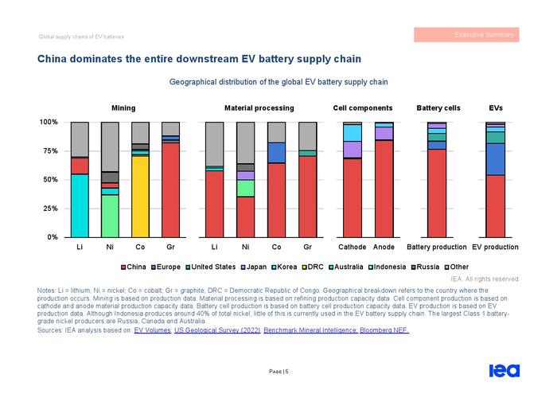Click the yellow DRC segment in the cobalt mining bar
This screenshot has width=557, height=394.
(140, 197)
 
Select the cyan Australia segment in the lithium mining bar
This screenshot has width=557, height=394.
(80, 205)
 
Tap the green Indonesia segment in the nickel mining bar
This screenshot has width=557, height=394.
(110, 216)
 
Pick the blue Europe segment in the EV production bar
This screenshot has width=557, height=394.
(495, 159)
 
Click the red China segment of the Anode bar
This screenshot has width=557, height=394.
(384, 189)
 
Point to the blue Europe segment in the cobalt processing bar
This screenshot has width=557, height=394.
(276, 153)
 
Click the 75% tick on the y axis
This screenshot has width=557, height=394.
(49, 151)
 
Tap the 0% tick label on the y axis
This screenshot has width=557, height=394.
(53, 237)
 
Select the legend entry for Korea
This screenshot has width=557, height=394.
(284, 267)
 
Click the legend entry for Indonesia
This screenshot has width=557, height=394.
(387, 267)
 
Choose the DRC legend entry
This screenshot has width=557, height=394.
(313, 267)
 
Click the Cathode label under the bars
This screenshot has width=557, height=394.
(352, 247)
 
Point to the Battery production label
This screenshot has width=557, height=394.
(437, 247)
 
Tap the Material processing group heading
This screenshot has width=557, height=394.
(259, 108)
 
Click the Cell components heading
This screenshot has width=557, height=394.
(363, 108)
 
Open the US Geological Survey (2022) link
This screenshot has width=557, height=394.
(217, 330)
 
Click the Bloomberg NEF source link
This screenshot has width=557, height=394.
(384, 330)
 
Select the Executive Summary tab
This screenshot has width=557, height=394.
(466, 35)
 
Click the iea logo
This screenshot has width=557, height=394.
(504, 371)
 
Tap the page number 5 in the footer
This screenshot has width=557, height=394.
(286, 372)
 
